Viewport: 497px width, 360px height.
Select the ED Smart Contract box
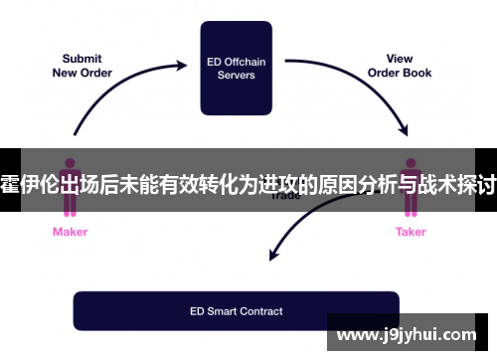click(236, 310)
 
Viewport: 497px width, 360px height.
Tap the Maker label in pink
click(70, 232)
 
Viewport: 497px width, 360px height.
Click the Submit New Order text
click(82, 66)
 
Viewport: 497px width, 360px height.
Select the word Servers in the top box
click(236, 76)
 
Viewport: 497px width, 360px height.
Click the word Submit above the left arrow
click(82, 59)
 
